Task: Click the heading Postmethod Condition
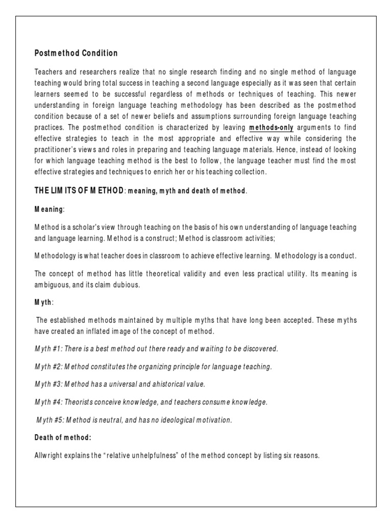pyautogui.click(x=76, y=53)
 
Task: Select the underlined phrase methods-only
pyautogui.click(x=271, y=128)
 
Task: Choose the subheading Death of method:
pyautogui.click(x=63, y=438)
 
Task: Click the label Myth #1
pyautogui.click(x=48, y=349)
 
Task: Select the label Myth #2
pyautogui.click(x=48, y=367)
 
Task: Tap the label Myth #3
pyautogui.click(x=48, y=385)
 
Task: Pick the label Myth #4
pyautogui.click(x=48, y=402)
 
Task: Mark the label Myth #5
pyautogui.click(x=50, y=420)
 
